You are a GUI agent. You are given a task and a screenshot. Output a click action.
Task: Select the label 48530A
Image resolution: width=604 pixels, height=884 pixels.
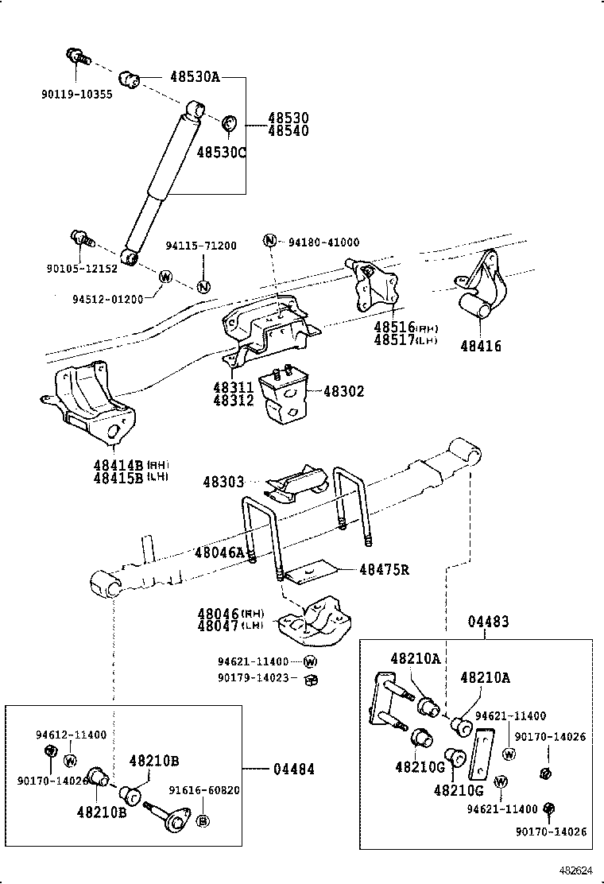coord(194,78)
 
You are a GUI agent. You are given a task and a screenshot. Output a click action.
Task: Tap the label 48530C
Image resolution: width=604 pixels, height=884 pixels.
coord(222,152)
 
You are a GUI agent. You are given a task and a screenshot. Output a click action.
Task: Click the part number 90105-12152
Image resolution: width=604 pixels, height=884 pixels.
coord(82,269)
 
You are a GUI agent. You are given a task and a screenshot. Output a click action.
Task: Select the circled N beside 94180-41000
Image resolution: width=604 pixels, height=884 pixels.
coord(270,242)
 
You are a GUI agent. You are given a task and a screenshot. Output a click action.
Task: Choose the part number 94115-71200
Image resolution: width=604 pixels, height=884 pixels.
coord(201,246)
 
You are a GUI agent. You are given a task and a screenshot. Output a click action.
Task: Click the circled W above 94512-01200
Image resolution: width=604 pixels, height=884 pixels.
coord(165,277)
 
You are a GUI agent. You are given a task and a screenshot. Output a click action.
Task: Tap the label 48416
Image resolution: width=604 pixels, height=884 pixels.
coord(481,347)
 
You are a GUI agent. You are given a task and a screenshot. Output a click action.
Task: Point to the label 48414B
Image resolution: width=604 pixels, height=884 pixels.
coord(117,464)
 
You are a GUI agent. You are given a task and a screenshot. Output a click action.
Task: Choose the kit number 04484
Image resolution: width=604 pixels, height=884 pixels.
coord(293,769)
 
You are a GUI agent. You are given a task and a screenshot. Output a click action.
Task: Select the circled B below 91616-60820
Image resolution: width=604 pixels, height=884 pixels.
coord(203,821)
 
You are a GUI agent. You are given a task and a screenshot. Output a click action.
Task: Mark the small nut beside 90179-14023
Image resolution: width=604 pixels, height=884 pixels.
coord(312,679)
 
